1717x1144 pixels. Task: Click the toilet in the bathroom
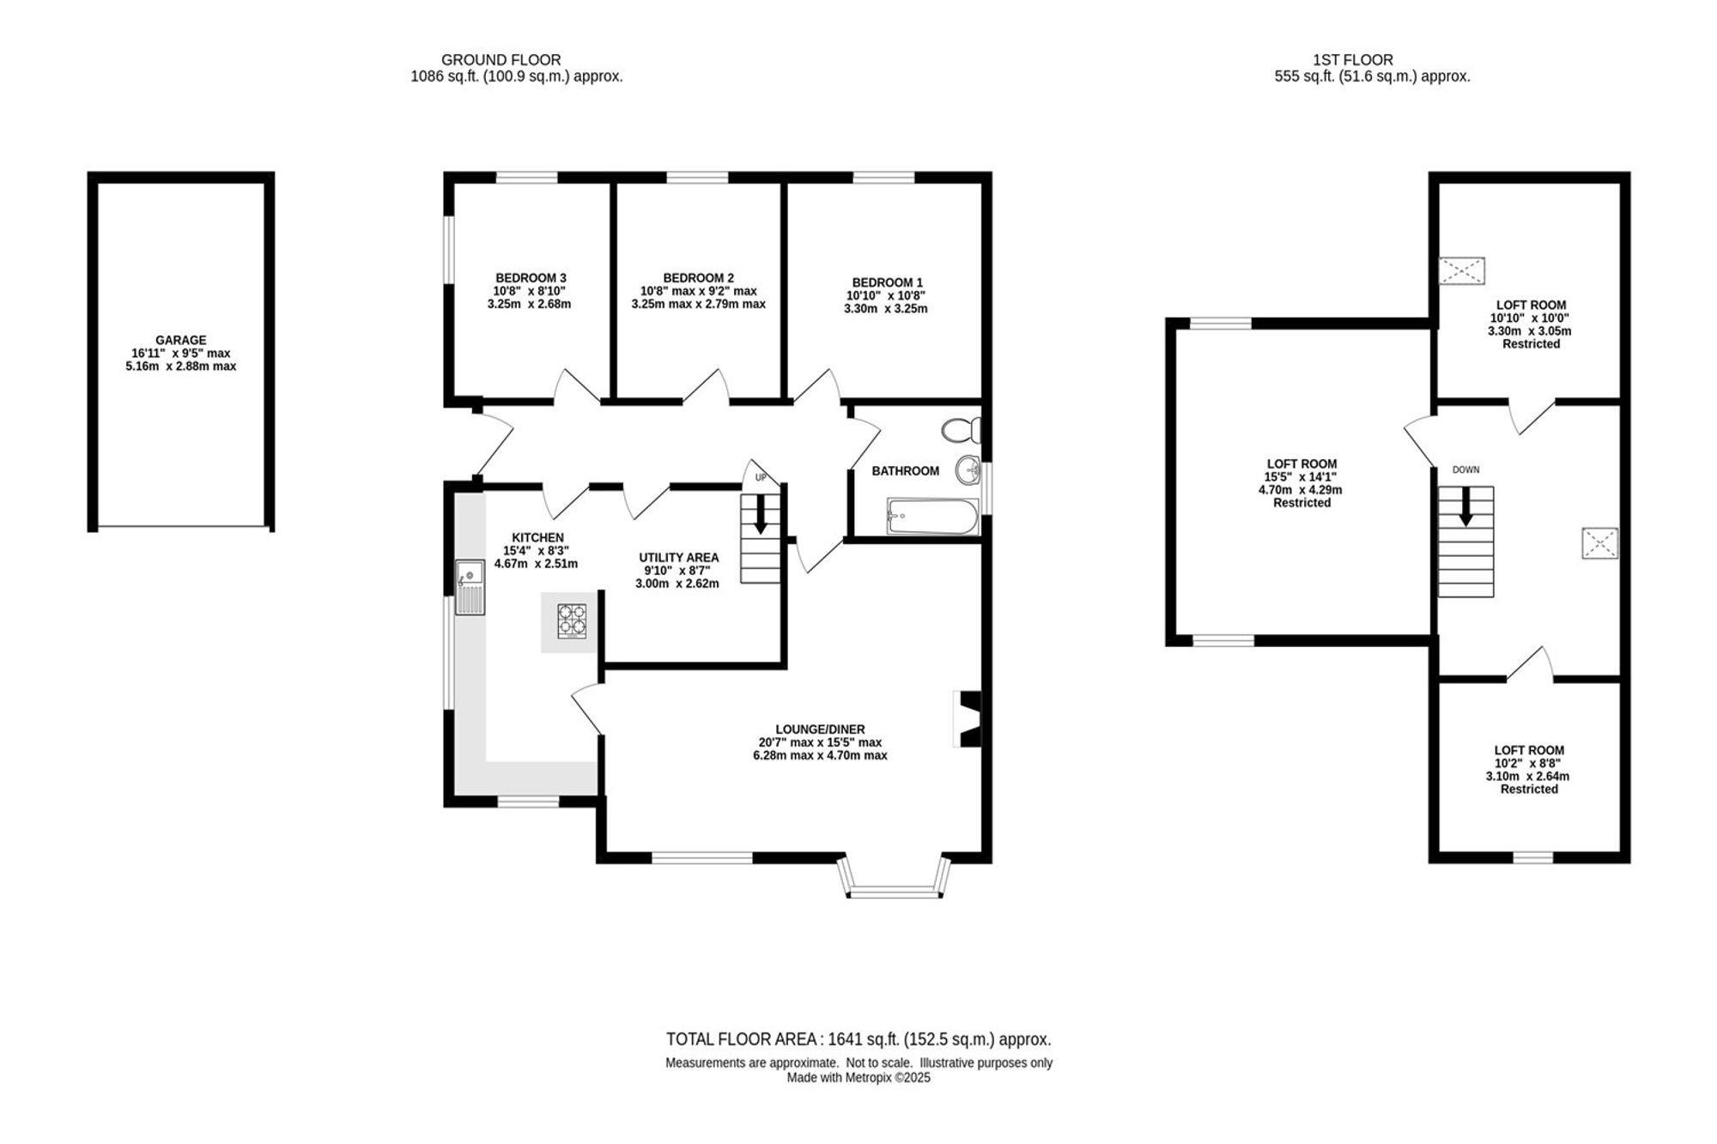pyautogui.click(x=961, y=430)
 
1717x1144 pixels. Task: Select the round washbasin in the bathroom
pyautogui.click(x=969, y=469)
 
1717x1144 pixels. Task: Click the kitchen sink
pyautogui.click(x=470, y=587)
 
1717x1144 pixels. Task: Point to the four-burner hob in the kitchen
pyautogui.click(x=573, y=621)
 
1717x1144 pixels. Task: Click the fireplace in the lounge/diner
pyautogui.click(x=968, y=719)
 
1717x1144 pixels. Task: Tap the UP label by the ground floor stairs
pyautogui.click(x=760, y=478)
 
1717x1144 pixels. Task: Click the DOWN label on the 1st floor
pyautogui.click(x=1465, y=469)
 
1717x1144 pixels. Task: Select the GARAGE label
pyautogui.click(x=181, y=340)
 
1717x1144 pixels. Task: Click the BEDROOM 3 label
pyautogui.click(x=531, y=278)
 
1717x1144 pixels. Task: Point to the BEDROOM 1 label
pyautogui.click(x=888, y=282)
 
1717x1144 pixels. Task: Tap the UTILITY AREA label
pyautogui.click(x=679, y=557)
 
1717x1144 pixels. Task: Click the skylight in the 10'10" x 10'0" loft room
pyautogui.click(x=1462, y=271)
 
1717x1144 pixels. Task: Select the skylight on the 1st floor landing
pyautogui.click(x=1600, y=543)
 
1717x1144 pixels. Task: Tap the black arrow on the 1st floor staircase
pyautogui.click(x=1465, y=506)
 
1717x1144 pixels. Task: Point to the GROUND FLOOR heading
pyautogui.click(x=501, y=60)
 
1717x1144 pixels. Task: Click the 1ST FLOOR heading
pyautogui.click(x=1353, y=60)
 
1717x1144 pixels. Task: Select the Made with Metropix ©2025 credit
pyautogui.click(x=858, y=1078)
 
